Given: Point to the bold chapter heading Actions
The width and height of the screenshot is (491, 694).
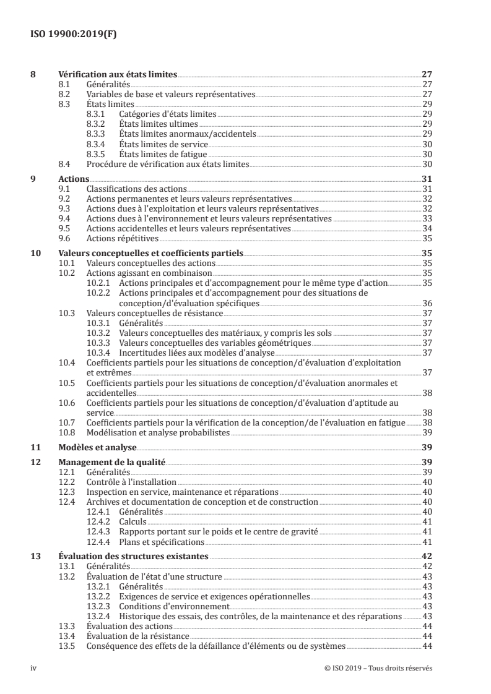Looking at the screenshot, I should (x=73, y=179).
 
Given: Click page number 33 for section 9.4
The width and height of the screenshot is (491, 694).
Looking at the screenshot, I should (x=427, y=218).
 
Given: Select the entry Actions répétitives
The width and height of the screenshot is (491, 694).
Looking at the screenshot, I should (x=123, y=238).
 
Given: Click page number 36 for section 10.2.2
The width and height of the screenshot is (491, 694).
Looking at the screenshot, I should (x=427, y=303).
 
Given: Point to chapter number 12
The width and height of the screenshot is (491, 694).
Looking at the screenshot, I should (x=35, y=462).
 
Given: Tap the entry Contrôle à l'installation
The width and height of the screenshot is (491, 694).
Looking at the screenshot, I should (x=131, y=482).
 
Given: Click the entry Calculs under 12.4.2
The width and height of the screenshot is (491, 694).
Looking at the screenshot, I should (x=133, y=521).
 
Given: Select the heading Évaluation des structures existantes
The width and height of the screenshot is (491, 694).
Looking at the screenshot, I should (x=133, y=556).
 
